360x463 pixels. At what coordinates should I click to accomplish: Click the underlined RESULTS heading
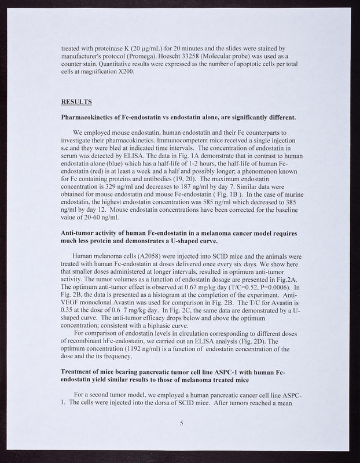click(x=76, y=102)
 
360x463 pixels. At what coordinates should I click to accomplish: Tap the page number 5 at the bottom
click(x=181, y=423)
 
